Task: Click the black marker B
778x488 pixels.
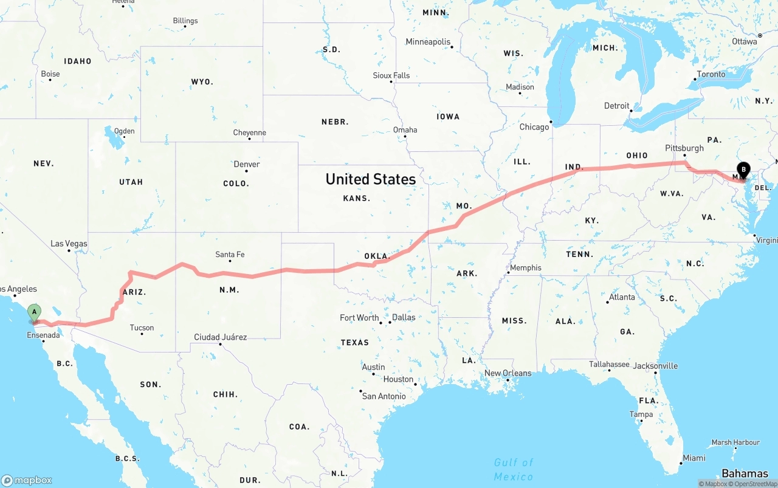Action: (743, 170)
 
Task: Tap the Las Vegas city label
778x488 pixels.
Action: (69, 244)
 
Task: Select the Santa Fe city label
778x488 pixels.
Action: (230, 255)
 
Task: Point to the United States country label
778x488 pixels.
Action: (371, 179)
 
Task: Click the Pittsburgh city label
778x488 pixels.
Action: (684, 148)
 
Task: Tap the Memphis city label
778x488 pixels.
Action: (525, 267)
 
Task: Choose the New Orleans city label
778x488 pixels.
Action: (508, 373)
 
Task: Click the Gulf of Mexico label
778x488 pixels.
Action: (514, 469)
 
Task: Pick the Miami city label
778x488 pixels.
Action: (694, 458)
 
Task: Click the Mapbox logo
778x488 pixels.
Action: (27, 480)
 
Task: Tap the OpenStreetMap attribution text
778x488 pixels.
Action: (755, 484)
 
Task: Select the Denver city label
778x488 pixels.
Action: (247, 164)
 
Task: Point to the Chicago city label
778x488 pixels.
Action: (534, 127)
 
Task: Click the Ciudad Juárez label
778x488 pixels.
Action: (220, 337)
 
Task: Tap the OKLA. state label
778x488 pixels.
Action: (376, 256)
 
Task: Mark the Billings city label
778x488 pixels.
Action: (185, 21)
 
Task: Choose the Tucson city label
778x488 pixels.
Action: (142, 328)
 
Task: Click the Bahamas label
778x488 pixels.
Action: (745, 473)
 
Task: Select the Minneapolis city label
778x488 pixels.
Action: (428, 42)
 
